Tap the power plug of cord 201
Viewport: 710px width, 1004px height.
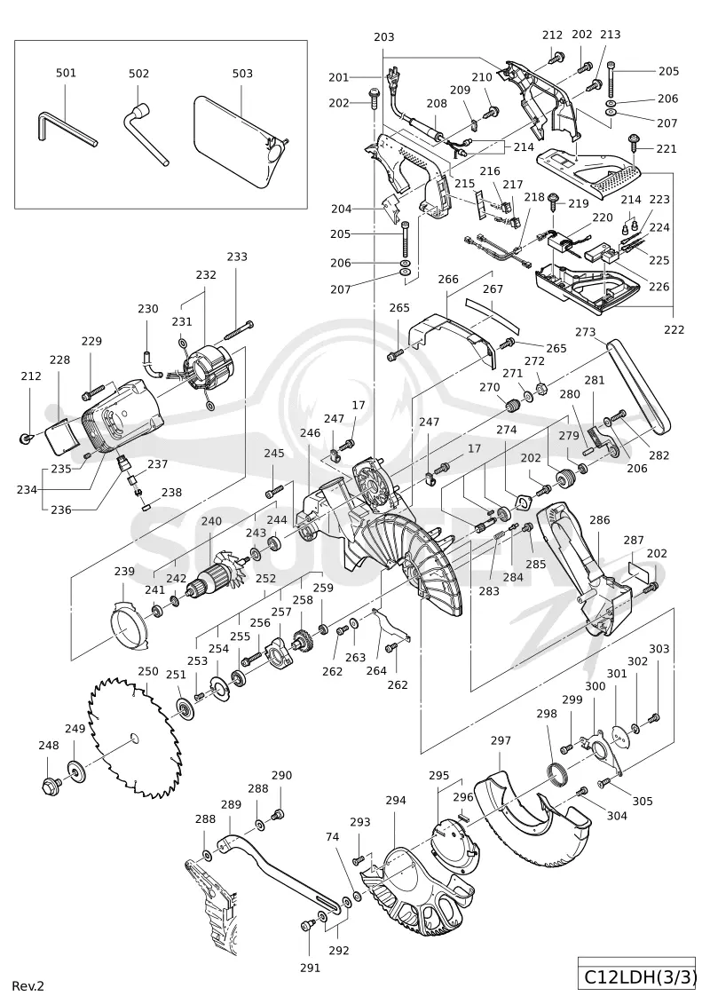click(x=392, y=77)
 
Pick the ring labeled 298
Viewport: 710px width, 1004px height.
click(x=560, y=774)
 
